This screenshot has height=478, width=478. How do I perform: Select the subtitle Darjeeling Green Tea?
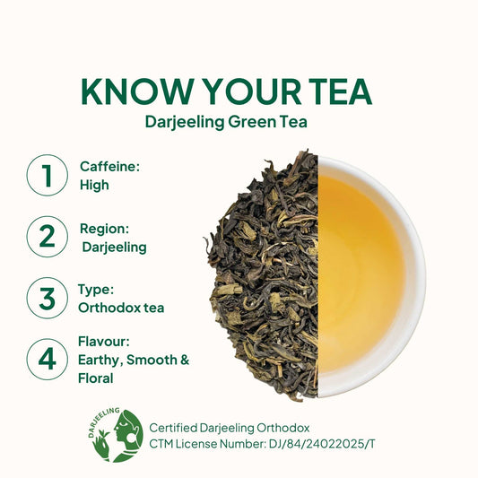226,122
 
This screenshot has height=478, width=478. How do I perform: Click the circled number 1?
48,175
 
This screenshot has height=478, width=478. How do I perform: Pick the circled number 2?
48,237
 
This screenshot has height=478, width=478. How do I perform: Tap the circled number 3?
48,298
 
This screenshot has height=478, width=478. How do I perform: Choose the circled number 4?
48,359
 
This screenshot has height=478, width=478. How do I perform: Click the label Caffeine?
109,167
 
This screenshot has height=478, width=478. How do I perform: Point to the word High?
94,185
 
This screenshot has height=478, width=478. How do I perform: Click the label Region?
104,229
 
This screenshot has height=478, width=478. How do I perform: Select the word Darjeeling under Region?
114,248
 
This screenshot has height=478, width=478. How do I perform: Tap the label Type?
96,290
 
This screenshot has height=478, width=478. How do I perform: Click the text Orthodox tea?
121,308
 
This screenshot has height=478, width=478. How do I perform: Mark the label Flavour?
104,342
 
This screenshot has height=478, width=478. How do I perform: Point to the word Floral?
96,378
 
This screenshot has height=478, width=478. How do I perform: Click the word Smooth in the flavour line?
152,360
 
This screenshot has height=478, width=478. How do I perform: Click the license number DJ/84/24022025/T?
322,444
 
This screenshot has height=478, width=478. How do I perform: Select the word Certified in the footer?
173,428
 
